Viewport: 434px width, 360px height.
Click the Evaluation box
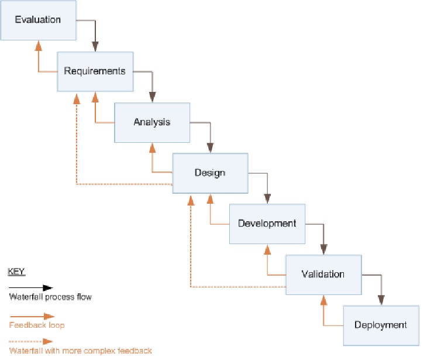[x=38, y=20]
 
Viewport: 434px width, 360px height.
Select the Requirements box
[x=95, y=71]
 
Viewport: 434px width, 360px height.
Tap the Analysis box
[x=151, y=122]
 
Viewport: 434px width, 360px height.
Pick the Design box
[x=209, y=173]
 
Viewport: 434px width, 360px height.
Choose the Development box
[x=267, y=224]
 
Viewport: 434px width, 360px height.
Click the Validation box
[x=323, y=274]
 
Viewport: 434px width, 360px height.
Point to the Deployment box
[x=380, y=325]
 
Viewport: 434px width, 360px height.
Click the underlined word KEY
[x=16, y=272]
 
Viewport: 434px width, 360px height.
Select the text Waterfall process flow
[x=50, y=297]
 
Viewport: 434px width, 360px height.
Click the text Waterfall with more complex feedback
[x=80, y=351]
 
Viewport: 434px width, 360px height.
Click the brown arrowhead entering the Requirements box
[x=95, y=47]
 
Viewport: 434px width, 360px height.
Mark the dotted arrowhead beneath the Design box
[x=191, y=199]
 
